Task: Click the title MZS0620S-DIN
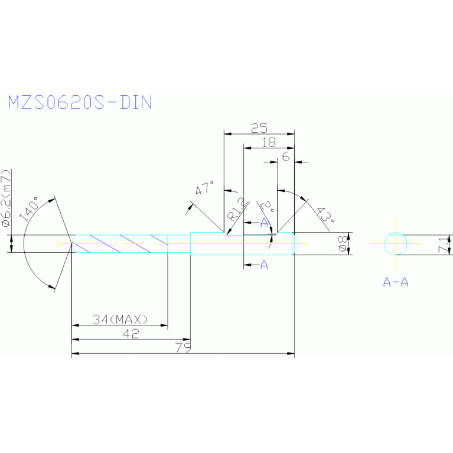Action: (80, 102)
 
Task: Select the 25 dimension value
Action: (259, 128)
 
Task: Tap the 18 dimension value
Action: (268, 142)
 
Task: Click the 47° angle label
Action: (204, 190)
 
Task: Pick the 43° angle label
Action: (324, 215)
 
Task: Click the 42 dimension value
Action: (131, 334)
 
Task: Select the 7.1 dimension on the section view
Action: (445, 244)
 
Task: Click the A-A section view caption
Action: (395, 282)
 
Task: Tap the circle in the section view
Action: (395, 243)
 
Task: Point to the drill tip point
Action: (72, 243)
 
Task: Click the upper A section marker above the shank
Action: (264, 222)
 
